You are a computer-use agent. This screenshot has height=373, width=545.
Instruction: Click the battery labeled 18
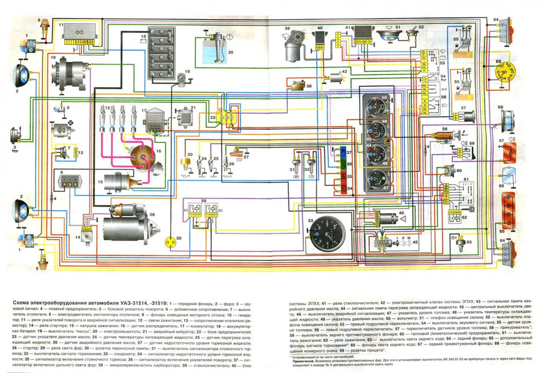tap(161, 52)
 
